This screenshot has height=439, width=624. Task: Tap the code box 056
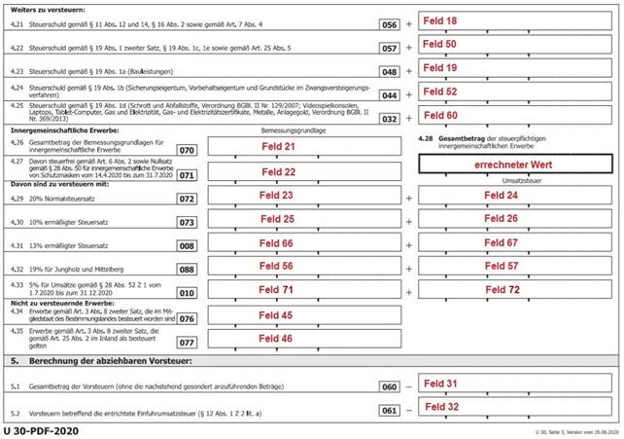[x=389, y=21]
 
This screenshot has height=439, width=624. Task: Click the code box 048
[x=389, y=72]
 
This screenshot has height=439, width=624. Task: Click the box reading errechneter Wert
[x=516, y=165]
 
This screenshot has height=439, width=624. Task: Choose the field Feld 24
[x=516, y=195]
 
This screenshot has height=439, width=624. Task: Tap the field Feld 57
[x=516, y=266]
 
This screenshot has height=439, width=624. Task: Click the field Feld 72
[x=516, y=290]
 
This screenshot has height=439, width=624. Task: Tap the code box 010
[x=187, y=293]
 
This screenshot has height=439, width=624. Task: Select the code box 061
[x=389, y=410]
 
